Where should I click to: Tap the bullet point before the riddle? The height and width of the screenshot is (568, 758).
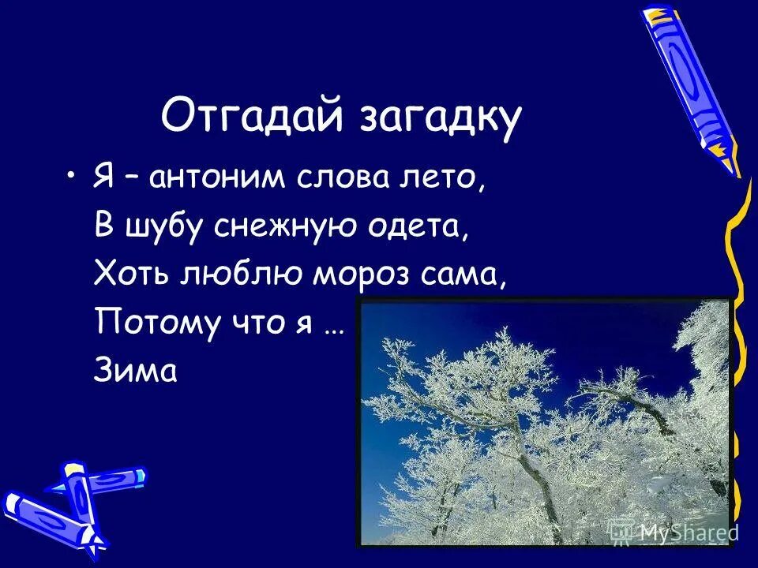73,175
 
